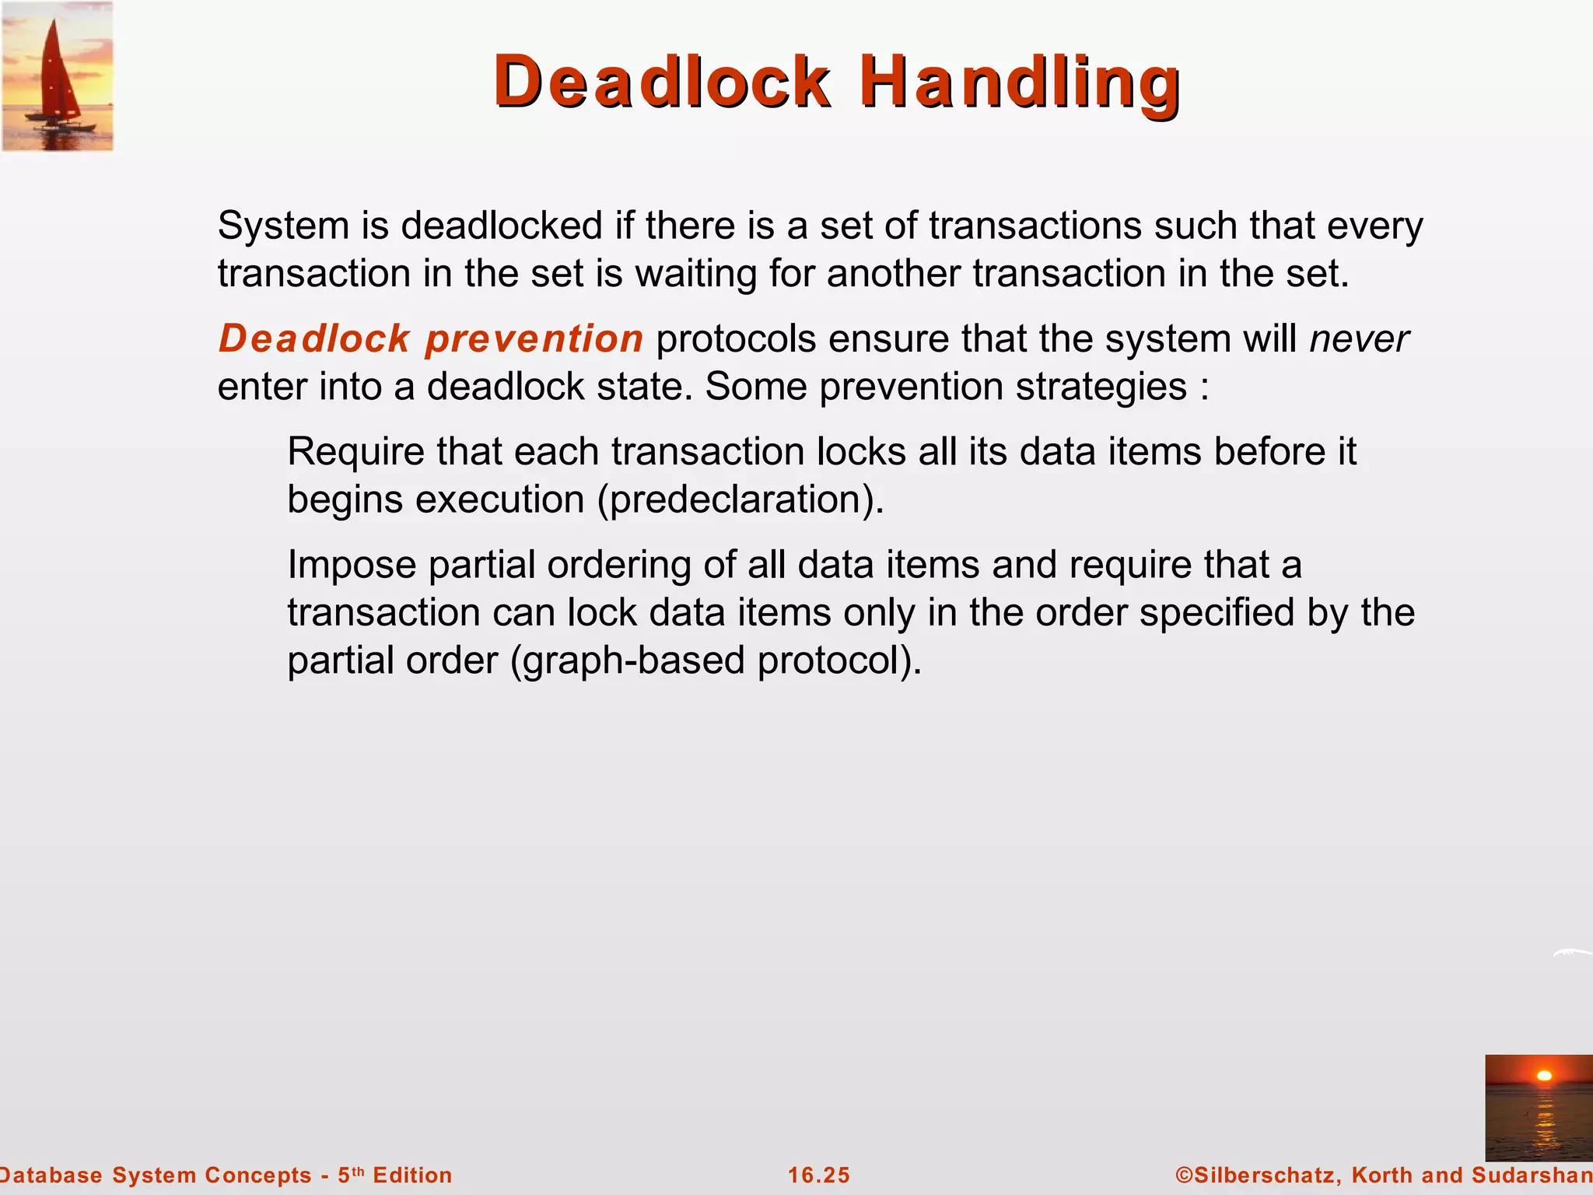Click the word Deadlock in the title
[x=661, y=82]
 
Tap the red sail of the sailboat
[x=54, y=70]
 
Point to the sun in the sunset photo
[x=1545, y=1076]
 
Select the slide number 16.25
[x=819, y=1176]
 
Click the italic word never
[x=1359, y=338]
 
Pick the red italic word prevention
[x=534, y=338]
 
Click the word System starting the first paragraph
[x=283, y=226]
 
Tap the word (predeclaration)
[x=740, y=499]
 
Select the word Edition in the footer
[x=412, y=1176]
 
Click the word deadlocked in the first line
[x=502, y=226]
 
